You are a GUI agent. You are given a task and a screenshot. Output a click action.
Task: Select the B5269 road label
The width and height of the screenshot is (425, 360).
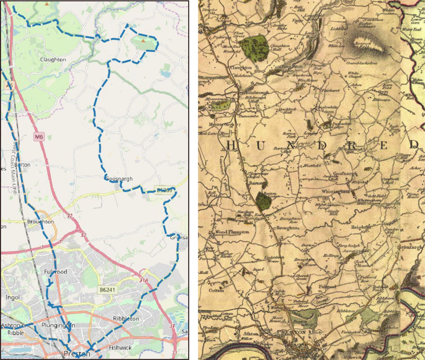[164, 191]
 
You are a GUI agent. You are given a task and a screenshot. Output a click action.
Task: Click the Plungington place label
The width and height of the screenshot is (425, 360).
[59, 325]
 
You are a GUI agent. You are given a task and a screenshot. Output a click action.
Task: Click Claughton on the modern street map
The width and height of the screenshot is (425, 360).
[53, 60]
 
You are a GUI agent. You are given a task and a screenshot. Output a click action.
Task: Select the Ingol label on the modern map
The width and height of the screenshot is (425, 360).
[13, 297]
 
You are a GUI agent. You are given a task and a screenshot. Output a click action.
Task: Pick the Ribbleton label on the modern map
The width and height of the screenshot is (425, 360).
[126, 318]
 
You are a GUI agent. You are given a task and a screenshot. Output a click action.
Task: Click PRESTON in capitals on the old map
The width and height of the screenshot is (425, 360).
[292, 332]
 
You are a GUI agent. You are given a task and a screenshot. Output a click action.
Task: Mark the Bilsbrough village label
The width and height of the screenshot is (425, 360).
[250, 92]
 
